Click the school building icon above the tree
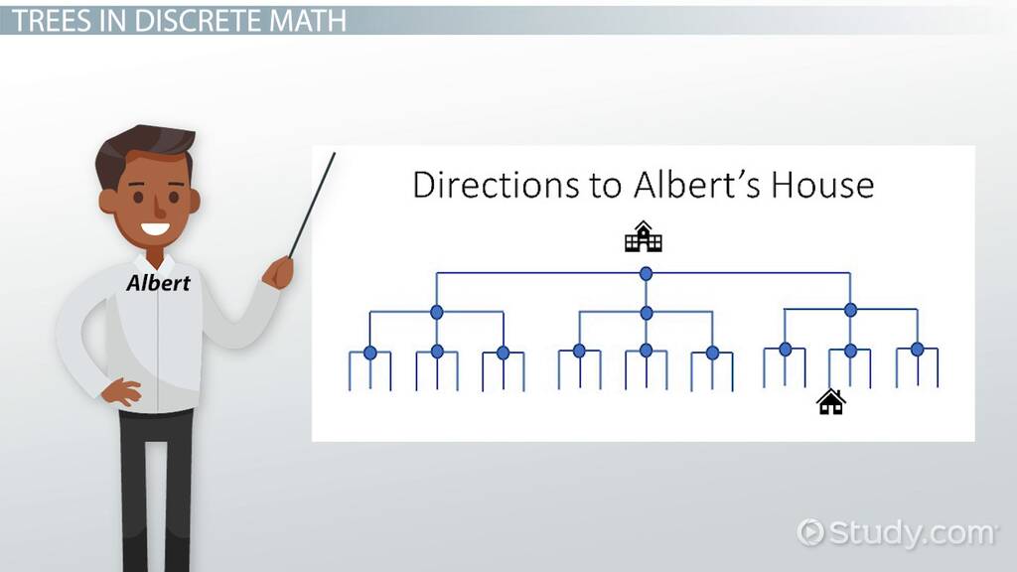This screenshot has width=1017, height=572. pos(643,236)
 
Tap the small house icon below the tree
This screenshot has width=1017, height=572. pos(831,401)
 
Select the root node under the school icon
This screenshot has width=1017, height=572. pos(646,274)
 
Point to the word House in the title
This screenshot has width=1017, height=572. pos(822,185)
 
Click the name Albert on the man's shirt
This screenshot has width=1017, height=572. pos(158,283)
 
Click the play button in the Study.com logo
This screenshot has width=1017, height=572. pos(810,532)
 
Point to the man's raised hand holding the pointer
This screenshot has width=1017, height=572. pos(278,272)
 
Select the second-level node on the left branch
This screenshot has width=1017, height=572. pos(437,313)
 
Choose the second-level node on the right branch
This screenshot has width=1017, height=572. pos(850,311)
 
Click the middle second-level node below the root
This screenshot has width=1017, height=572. pos(646,313)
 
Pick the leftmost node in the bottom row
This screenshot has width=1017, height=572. pos(370,353)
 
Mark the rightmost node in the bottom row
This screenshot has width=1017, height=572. pos(917,350)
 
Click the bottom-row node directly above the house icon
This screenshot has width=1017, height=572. pos(851,351)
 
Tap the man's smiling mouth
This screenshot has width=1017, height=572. pos(156,229)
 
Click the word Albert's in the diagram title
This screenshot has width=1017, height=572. pos(696,185)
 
